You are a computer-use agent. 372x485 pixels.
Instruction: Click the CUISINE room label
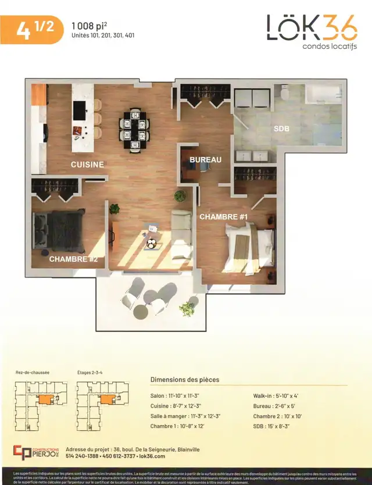(x=87, y=165)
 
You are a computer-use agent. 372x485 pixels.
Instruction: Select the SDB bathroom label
(x=281, y=129)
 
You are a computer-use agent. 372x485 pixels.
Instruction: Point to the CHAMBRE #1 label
(x=224, y=217)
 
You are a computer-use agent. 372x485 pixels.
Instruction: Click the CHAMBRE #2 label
(x=73, y=259)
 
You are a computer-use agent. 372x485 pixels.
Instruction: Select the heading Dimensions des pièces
(x=185, y=380)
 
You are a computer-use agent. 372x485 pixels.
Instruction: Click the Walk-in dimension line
(x=279, y=395)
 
